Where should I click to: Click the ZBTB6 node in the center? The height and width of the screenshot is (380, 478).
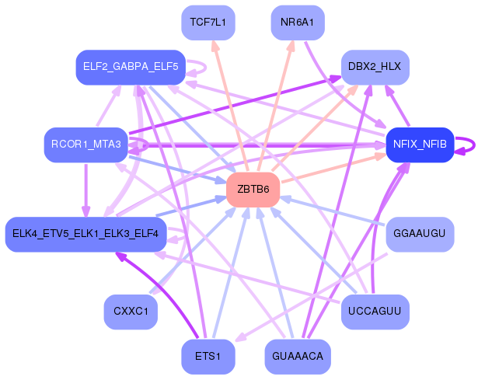pos(253,190)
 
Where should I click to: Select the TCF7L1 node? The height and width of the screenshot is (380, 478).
pos(208,22)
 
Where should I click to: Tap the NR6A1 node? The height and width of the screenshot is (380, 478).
pos(298,22)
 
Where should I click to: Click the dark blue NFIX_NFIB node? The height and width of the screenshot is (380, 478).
pos(420,145)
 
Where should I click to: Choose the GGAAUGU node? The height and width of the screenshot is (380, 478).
pos(420,234)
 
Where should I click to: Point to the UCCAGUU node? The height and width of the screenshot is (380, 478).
pos(375,312)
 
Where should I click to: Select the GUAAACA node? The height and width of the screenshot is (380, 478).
pos(298,357)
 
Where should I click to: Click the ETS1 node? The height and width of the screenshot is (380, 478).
pos(208,357)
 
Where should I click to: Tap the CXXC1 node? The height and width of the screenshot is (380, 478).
pos(131,312)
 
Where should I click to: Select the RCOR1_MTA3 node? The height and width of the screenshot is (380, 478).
pos(85,145)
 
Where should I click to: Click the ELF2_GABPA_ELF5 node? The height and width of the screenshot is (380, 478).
pos(127,67)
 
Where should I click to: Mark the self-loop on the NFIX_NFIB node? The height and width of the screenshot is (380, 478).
pos(466,145)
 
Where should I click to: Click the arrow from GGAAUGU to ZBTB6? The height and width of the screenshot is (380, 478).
pos(334,211)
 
